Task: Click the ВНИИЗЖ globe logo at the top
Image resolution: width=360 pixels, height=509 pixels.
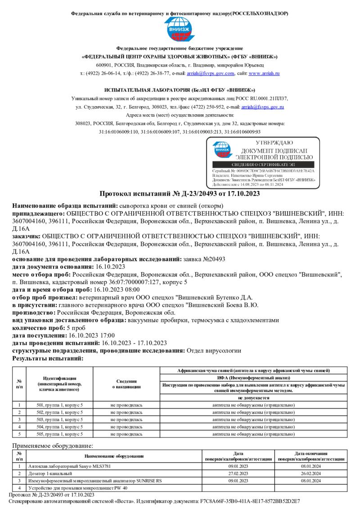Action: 180,29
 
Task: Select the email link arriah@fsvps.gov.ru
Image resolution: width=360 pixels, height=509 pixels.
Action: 262,107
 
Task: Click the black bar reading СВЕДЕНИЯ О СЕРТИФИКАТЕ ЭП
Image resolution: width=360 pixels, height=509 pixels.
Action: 263,165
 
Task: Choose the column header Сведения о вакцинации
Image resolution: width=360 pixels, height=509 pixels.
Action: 126,384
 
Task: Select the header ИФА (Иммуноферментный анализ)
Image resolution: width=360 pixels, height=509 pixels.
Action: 253,377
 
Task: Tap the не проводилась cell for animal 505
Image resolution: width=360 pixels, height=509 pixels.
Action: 126,434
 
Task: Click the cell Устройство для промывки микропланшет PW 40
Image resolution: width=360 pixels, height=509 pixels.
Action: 78,488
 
